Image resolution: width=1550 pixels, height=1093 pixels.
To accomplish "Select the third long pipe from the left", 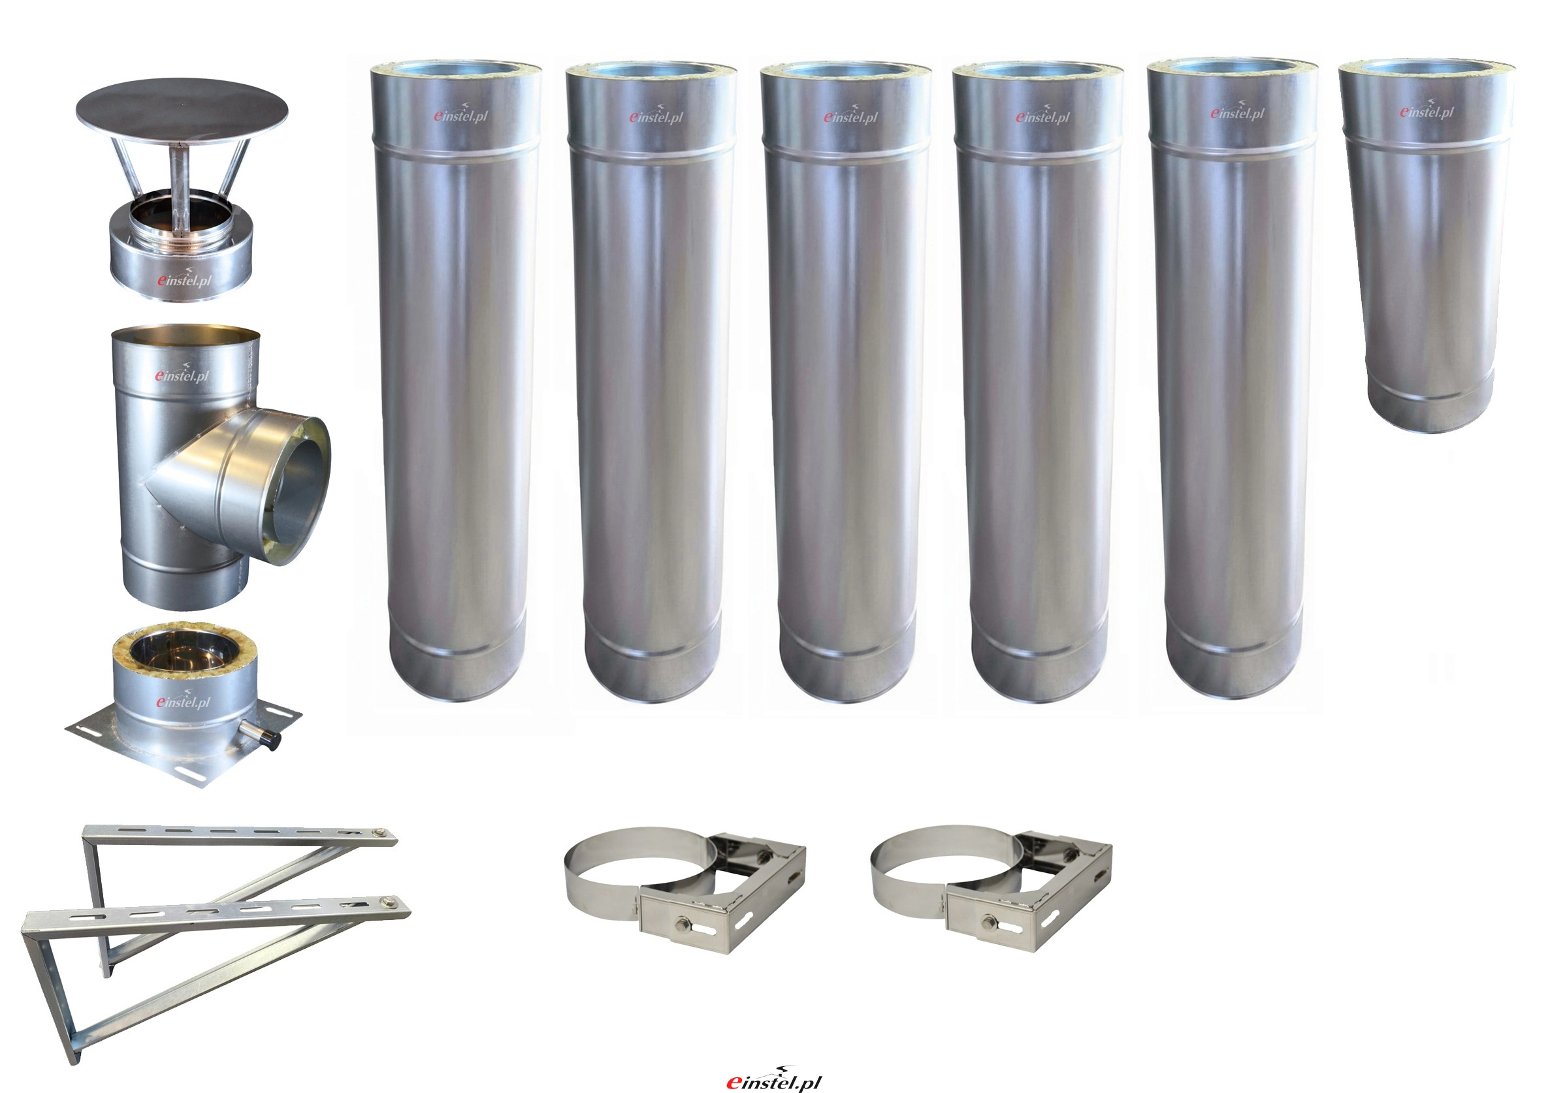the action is pos(846,381).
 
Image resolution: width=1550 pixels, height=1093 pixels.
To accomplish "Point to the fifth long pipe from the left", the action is pos(1233,378).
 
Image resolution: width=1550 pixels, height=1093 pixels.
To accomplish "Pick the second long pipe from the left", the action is pos(651,381).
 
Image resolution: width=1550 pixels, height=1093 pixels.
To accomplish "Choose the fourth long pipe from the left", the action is pos(1039,381).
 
